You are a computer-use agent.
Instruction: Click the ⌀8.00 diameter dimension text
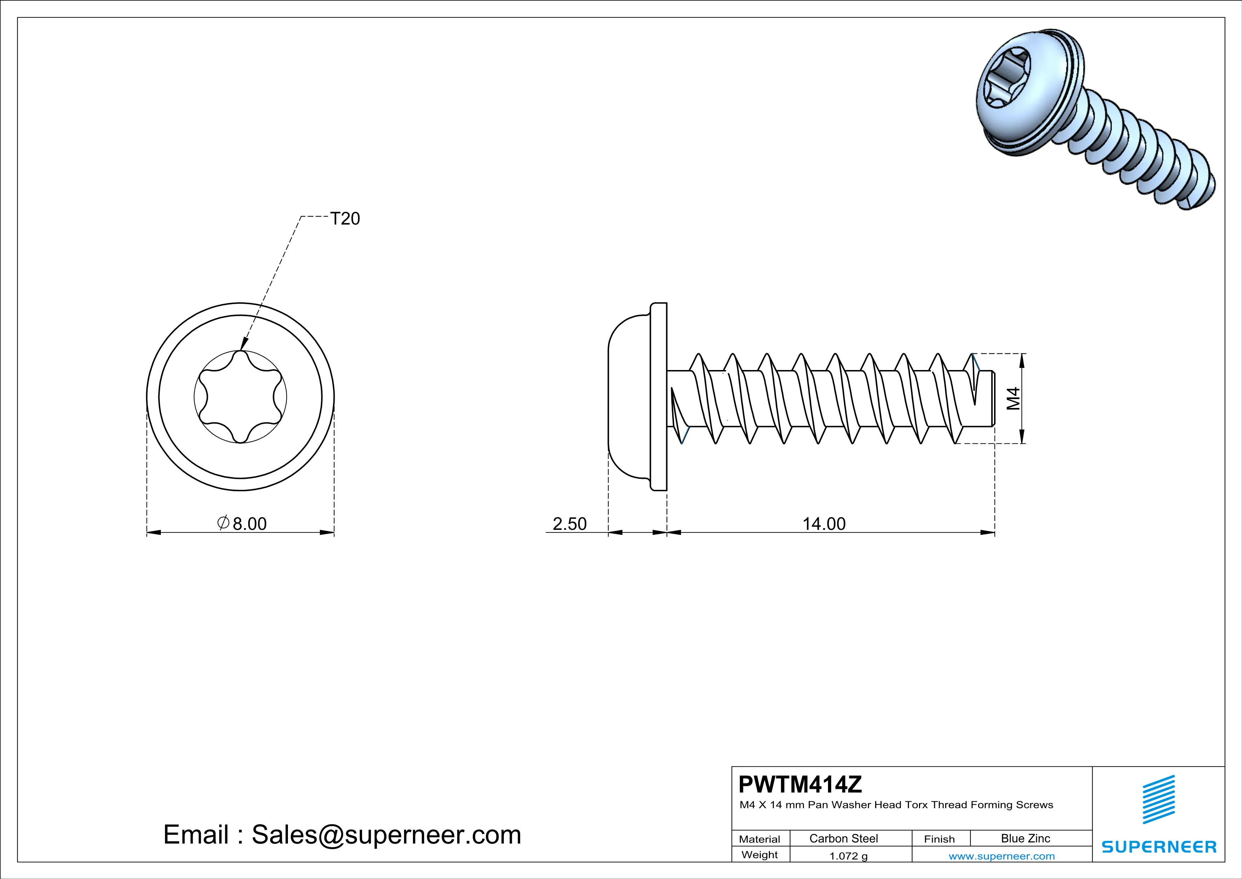tap(242, 524)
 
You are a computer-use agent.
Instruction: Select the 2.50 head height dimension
tap(569, 524)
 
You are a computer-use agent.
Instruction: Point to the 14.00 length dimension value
tap(823, 524)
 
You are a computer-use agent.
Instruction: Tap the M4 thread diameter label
tap(1013, 398)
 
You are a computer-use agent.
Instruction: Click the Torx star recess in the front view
tap(240, 397)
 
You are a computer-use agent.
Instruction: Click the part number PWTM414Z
tap(800, 784)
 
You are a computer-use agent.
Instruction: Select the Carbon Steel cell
tap(843, 838)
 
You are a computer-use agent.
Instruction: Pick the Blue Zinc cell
tap(1025, 838)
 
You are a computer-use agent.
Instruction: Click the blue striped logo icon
tap(1159, 800)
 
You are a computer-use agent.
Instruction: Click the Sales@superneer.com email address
tap(386, 835)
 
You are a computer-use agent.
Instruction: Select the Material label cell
tap(760, 839)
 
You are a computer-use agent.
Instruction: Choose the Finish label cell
tap(939, 839)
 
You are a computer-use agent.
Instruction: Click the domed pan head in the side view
tap(628, 397)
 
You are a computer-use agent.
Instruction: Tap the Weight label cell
tap(760, 855)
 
